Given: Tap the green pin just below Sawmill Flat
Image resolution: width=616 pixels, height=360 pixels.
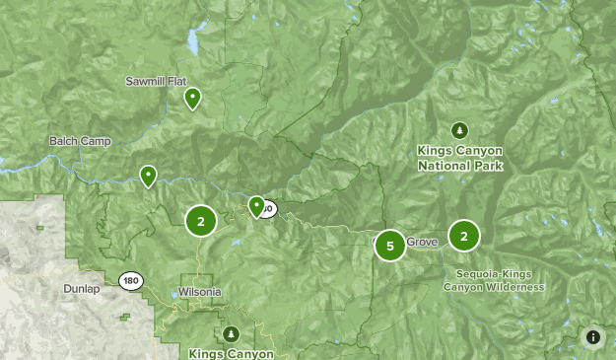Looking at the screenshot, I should pos(193,98).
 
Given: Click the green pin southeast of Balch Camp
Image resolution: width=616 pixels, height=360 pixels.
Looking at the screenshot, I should pos(148,176).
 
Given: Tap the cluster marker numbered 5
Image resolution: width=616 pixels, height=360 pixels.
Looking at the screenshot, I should pos(390,246).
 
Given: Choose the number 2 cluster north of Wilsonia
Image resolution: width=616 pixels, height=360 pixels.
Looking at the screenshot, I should pos(201,221).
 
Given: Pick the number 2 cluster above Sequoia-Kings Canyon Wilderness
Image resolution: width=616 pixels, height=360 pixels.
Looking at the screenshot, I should pos(464,236).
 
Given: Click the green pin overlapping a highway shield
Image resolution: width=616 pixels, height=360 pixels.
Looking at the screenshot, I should pos(256,206).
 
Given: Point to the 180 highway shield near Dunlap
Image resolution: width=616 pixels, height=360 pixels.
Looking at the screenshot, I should pos(131,281).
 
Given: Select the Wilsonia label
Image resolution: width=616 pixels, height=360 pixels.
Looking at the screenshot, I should pos(200,293).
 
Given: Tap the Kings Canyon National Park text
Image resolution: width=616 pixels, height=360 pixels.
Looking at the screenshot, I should pos(459,158).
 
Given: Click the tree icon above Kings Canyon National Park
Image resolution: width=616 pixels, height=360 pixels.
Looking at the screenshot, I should pos(459,130).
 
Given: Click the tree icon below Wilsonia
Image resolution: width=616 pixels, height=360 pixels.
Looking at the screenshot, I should pos(232,333).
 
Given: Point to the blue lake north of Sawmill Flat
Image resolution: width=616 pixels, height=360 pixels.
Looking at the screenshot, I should pos(190,42).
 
